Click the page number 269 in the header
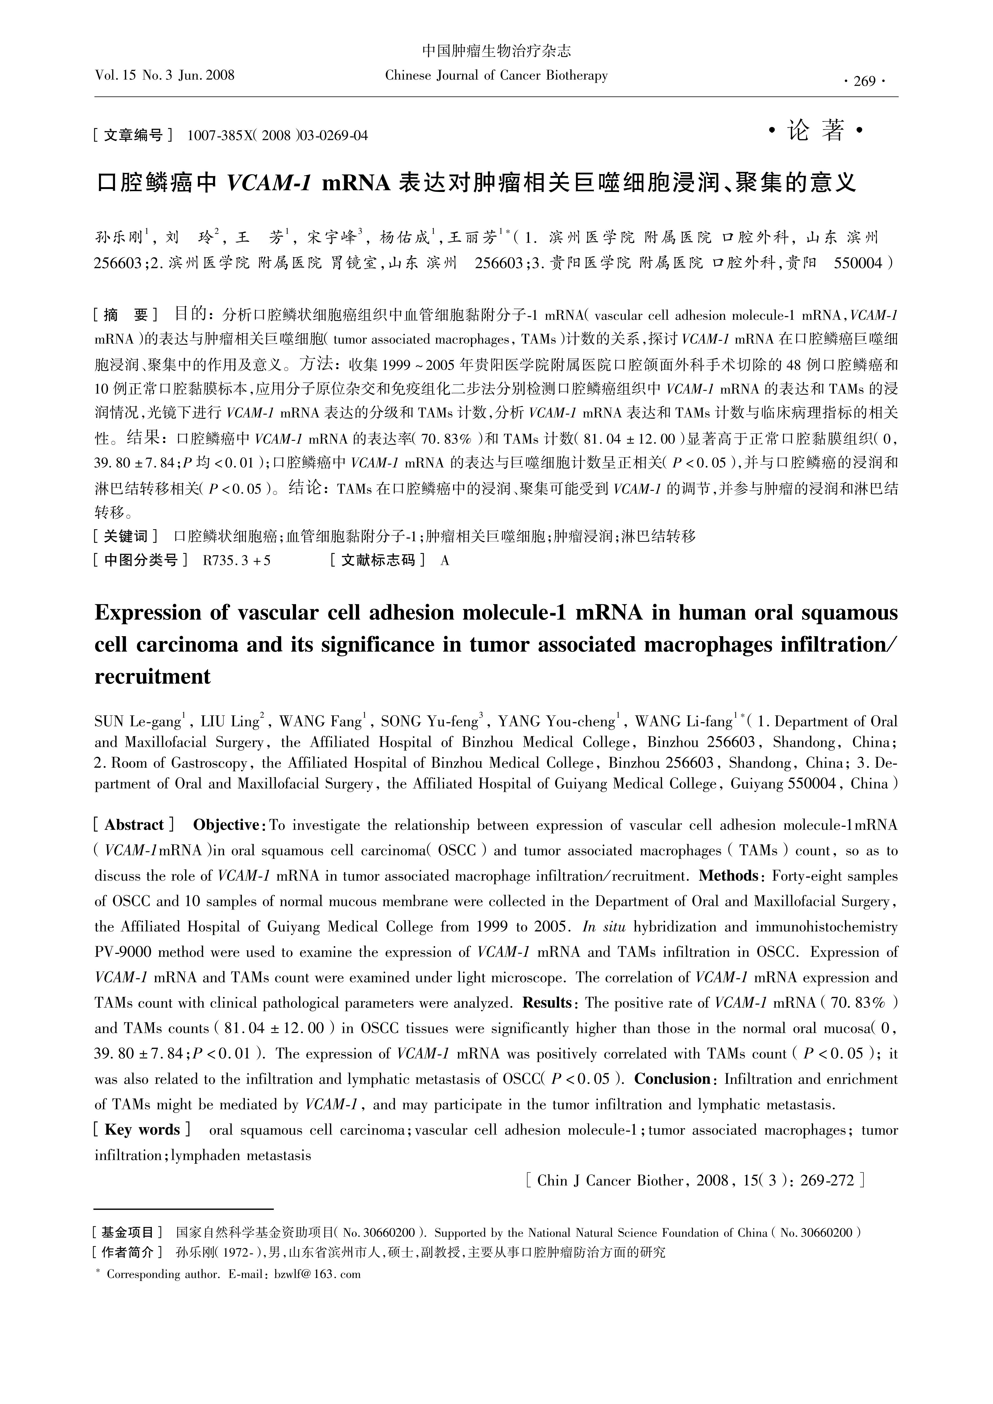point(864,81)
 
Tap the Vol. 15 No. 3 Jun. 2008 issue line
point(165,75)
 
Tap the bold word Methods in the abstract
point(728,876)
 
